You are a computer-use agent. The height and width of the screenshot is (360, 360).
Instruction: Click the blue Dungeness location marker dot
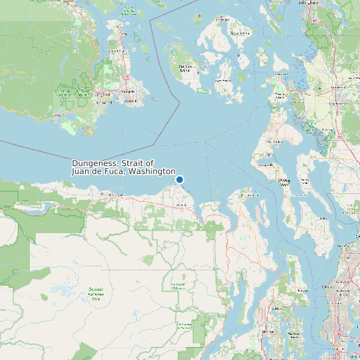point(179,179)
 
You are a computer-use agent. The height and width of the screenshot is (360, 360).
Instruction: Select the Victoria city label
point(130,102)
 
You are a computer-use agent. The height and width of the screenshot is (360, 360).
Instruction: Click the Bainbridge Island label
point(302,291)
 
